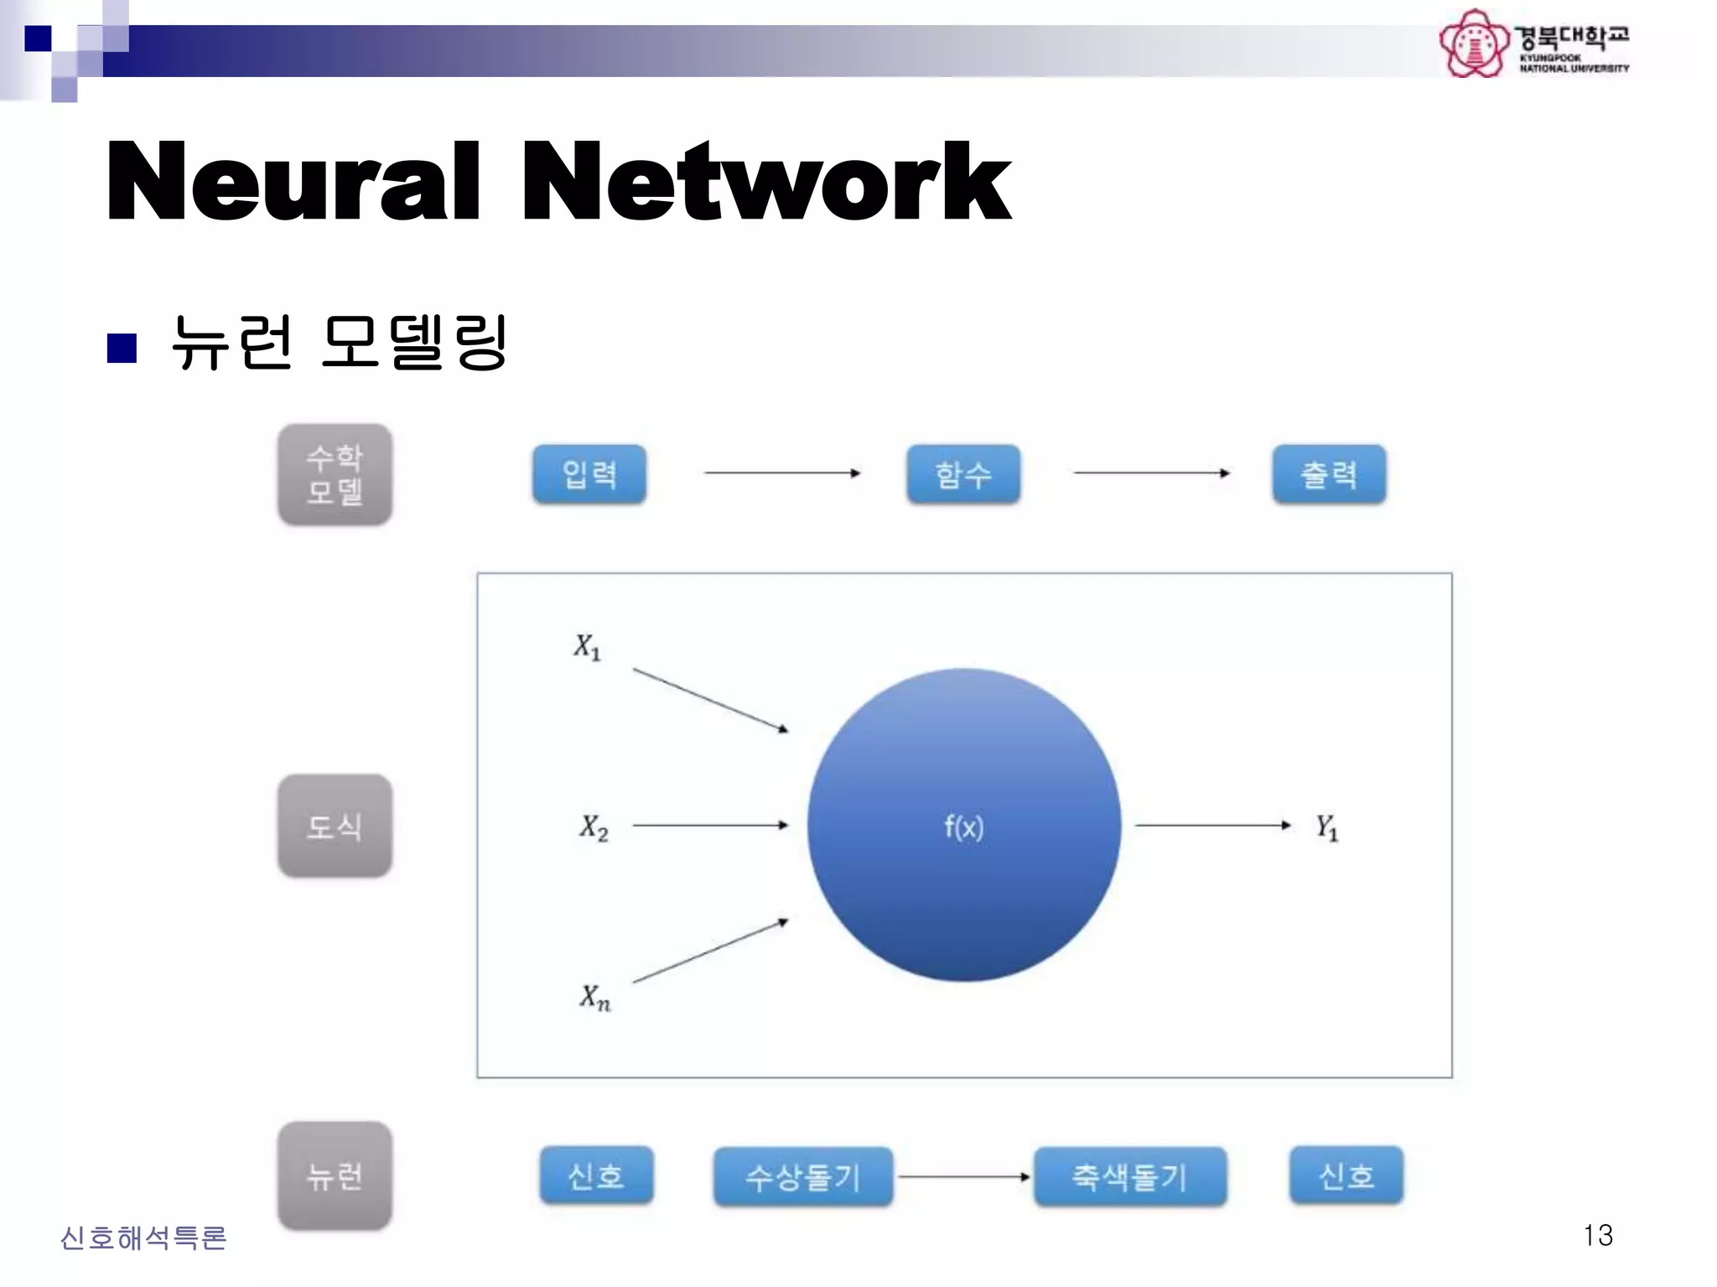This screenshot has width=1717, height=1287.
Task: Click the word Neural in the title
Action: (293, 182)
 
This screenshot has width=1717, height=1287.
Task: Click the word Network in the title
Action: (766, 182)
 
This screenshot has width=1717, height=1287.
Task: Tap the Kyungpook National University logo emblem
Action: (1473, 44)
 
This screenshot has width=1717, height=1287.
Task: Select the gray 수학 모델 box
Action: (335, 475)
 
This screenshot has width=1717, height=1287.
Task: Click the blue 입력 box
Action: (589, 474)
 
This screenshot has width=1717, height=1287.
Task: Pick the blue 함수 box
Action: (963, 474)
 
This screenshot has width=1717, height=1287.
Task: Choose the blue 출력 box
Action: (1329, 474)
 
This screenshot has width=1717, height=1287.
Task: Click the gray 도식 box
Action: (335, 826)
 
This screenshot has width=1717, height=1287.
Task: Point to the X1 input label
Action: (587, 647)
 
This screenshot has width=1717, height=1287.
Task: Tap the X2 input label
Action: (594, 827)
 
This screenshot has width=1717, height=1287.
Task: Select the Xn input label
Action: (594, 997)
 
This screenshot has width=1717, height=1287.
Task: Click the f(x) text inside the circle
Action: (964, 827)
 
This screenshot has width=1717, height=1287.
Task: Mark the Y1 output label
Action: (1326, 827)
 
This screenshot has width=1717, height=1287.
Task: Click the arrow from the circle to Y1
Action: (1212, 825)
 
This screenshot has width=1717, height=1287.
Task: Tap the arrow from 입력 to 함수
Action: (782, 473)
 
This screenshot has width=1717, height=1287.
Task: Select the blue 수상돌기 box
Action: (803, 1177)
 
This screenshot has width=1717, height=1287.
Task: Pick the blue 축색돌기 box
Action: (1130, 1177)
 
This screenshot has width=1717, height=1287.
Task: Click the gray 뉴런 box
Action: (335, 1176)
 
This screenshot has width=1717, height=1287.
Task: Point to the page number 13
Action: (1598, 1235)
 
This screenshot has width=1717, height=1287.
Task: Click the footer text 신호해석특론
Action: (143, 1238)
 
